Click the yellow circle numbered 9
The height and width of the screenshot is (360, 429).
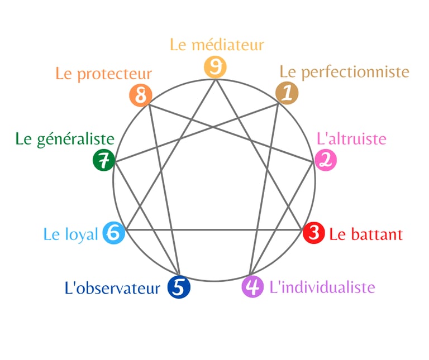214,67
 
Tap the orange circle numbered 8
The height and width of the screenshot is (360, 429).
140,95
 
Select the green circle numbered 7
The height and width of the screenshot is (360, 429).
103,161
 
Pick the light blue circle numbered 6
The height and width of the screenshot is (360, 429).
113,233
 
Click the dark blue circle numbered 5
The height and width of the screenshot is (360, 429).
179,287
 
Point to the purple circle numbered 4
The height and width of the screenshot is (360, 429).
252,287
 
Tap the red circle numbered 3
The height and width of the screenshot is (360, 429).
314,233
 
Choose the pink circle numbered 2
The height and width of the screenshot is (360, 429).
326,160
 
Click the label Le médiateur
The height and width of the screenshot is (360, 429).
217,45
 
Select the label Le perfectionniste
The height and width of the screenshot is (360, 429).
344,72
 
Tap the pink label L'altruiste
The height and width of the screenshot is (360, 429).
351,138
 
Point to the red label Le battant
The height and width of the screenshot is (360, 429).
365,234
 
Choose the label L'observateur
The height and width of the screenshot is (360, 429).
112,288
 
